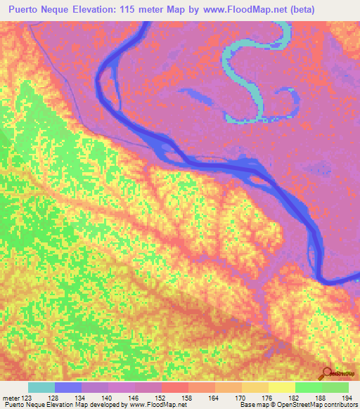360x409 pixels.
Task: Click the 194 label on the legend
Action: coord(343,397)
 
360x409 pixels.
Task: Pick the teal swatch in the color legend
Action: coord(41,387)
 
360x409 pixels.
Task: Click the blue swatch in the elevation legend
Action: coord(68,387)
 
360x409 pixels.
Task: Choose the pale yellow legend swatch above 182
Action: coord(282,387)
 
